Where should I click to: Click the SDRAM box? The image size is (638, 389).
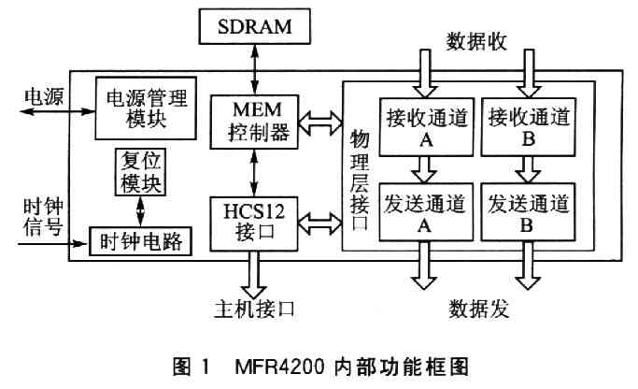[x=251, y=27]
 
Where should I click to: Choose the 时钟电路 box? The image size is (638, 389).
[x=138, y=242]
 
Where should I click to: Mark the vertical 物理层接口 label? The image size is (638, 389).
[x=358, y=183]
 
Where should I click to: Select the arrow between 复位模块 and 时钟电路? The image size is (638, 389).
[x=140, y=211]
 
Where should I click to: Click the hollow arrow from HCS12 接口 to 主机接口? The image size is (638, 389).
[x=250, y=273]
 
